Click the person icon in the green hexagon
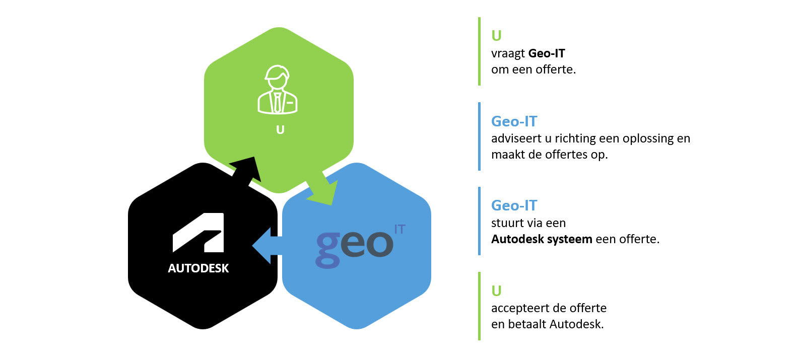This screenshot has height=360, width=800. [278, 90]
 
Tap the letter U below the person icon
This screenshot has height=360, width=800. [280, 130]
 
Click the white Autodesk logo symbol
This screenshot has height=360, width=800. [198, 233]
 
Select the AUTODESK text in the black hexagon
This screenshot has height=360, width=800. [198, 268]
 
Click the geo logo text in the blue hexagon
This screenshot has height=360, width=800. [354, 245]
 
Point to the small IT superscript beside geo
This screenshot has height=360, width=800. [399, 230]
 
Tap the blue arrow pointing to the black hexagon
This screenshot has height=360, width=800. [267, 245]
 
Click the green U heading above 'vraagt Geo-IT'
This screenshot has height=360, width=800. [496, 36]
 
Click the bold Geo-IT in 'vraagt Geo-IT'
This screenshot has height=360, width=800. [547, 53]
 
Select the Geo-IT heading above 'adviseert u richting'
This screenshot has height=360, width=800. [514, 121]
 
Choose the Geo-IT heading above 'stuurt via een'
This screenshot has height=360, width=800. [514, 205]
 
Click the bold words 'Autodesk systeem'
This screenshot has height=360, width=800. [542, 239]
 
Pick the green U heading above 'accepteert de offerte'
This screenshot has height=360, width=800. [496, 291]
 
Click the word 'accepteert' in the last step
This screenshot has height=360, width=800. [517, 308]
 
